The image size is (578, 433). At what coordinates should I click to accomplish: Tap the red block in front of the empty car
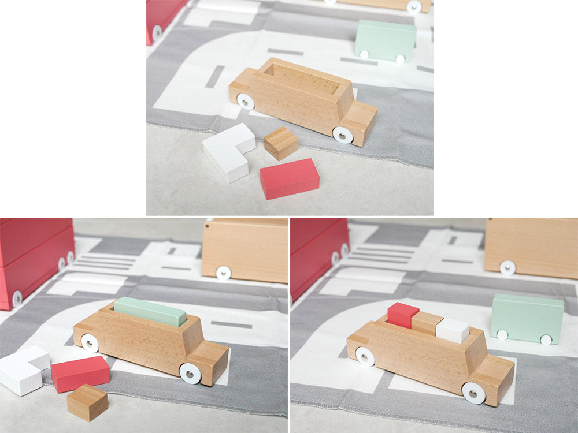[289, 178]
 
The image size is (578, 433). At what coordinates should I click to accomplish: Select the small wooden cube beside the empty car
[281, 143]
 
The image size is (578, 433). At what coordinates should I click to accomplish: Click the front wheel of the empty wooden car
[343, 135]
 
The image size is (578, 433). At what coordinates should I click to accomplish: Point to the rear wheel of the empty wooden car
[246, 102]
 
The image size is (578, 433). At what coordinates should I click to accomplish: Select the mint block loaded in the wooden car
[150, 311]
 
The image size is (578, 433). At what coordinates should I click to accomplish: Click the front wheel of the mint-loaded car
[190, 373]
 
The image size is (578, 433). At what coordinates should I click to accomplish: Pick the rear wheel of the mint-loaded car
[90, 342]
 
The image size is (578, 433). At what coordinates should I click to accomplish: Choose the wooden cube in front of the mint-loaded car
[87, 402]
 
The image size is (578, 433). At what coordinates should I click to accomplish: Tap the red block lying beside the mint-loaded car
[80, 373]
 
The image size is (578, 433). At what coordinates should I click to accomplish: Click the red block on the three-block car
[403, 315]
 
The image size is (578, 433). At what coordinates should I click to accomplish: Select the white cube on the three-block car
[453, 330]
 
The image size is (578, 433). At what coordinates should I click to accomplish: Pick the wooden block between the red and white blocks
[428, 322]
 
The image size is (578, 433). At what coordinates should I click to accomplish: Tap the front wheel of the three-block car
[473, 393]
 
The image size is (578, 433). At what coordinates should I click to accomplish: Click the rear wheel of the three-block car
[365, 356]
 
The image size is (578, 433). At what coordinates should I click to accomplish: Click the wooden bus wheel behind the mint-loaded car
[223, 273]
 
